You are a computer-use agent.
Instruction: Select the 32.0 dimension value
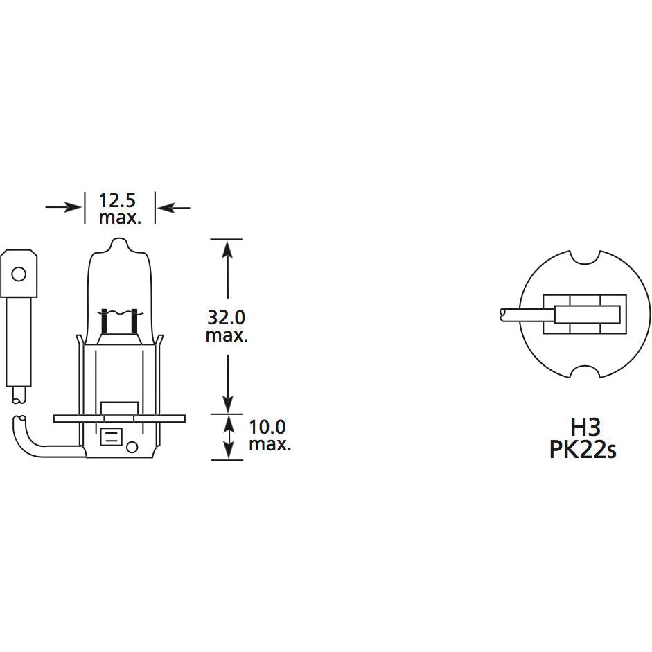[227, 317]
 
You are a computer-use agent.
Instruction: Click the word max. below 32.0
[227, 336]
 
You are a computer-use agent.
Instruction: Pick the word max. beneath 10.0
[270, 444]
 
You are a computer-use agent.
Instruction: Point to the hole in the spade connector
[19, 274]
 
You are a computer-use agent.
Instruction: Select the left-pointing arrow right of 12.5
[173, 206]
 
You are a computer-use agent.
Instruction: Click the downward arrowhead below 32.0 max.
[227, 405]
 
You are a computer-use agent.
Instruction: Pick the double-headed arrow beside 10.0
[227, 437]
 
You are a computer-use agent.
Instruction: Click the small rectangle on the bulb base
[111, 437]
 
